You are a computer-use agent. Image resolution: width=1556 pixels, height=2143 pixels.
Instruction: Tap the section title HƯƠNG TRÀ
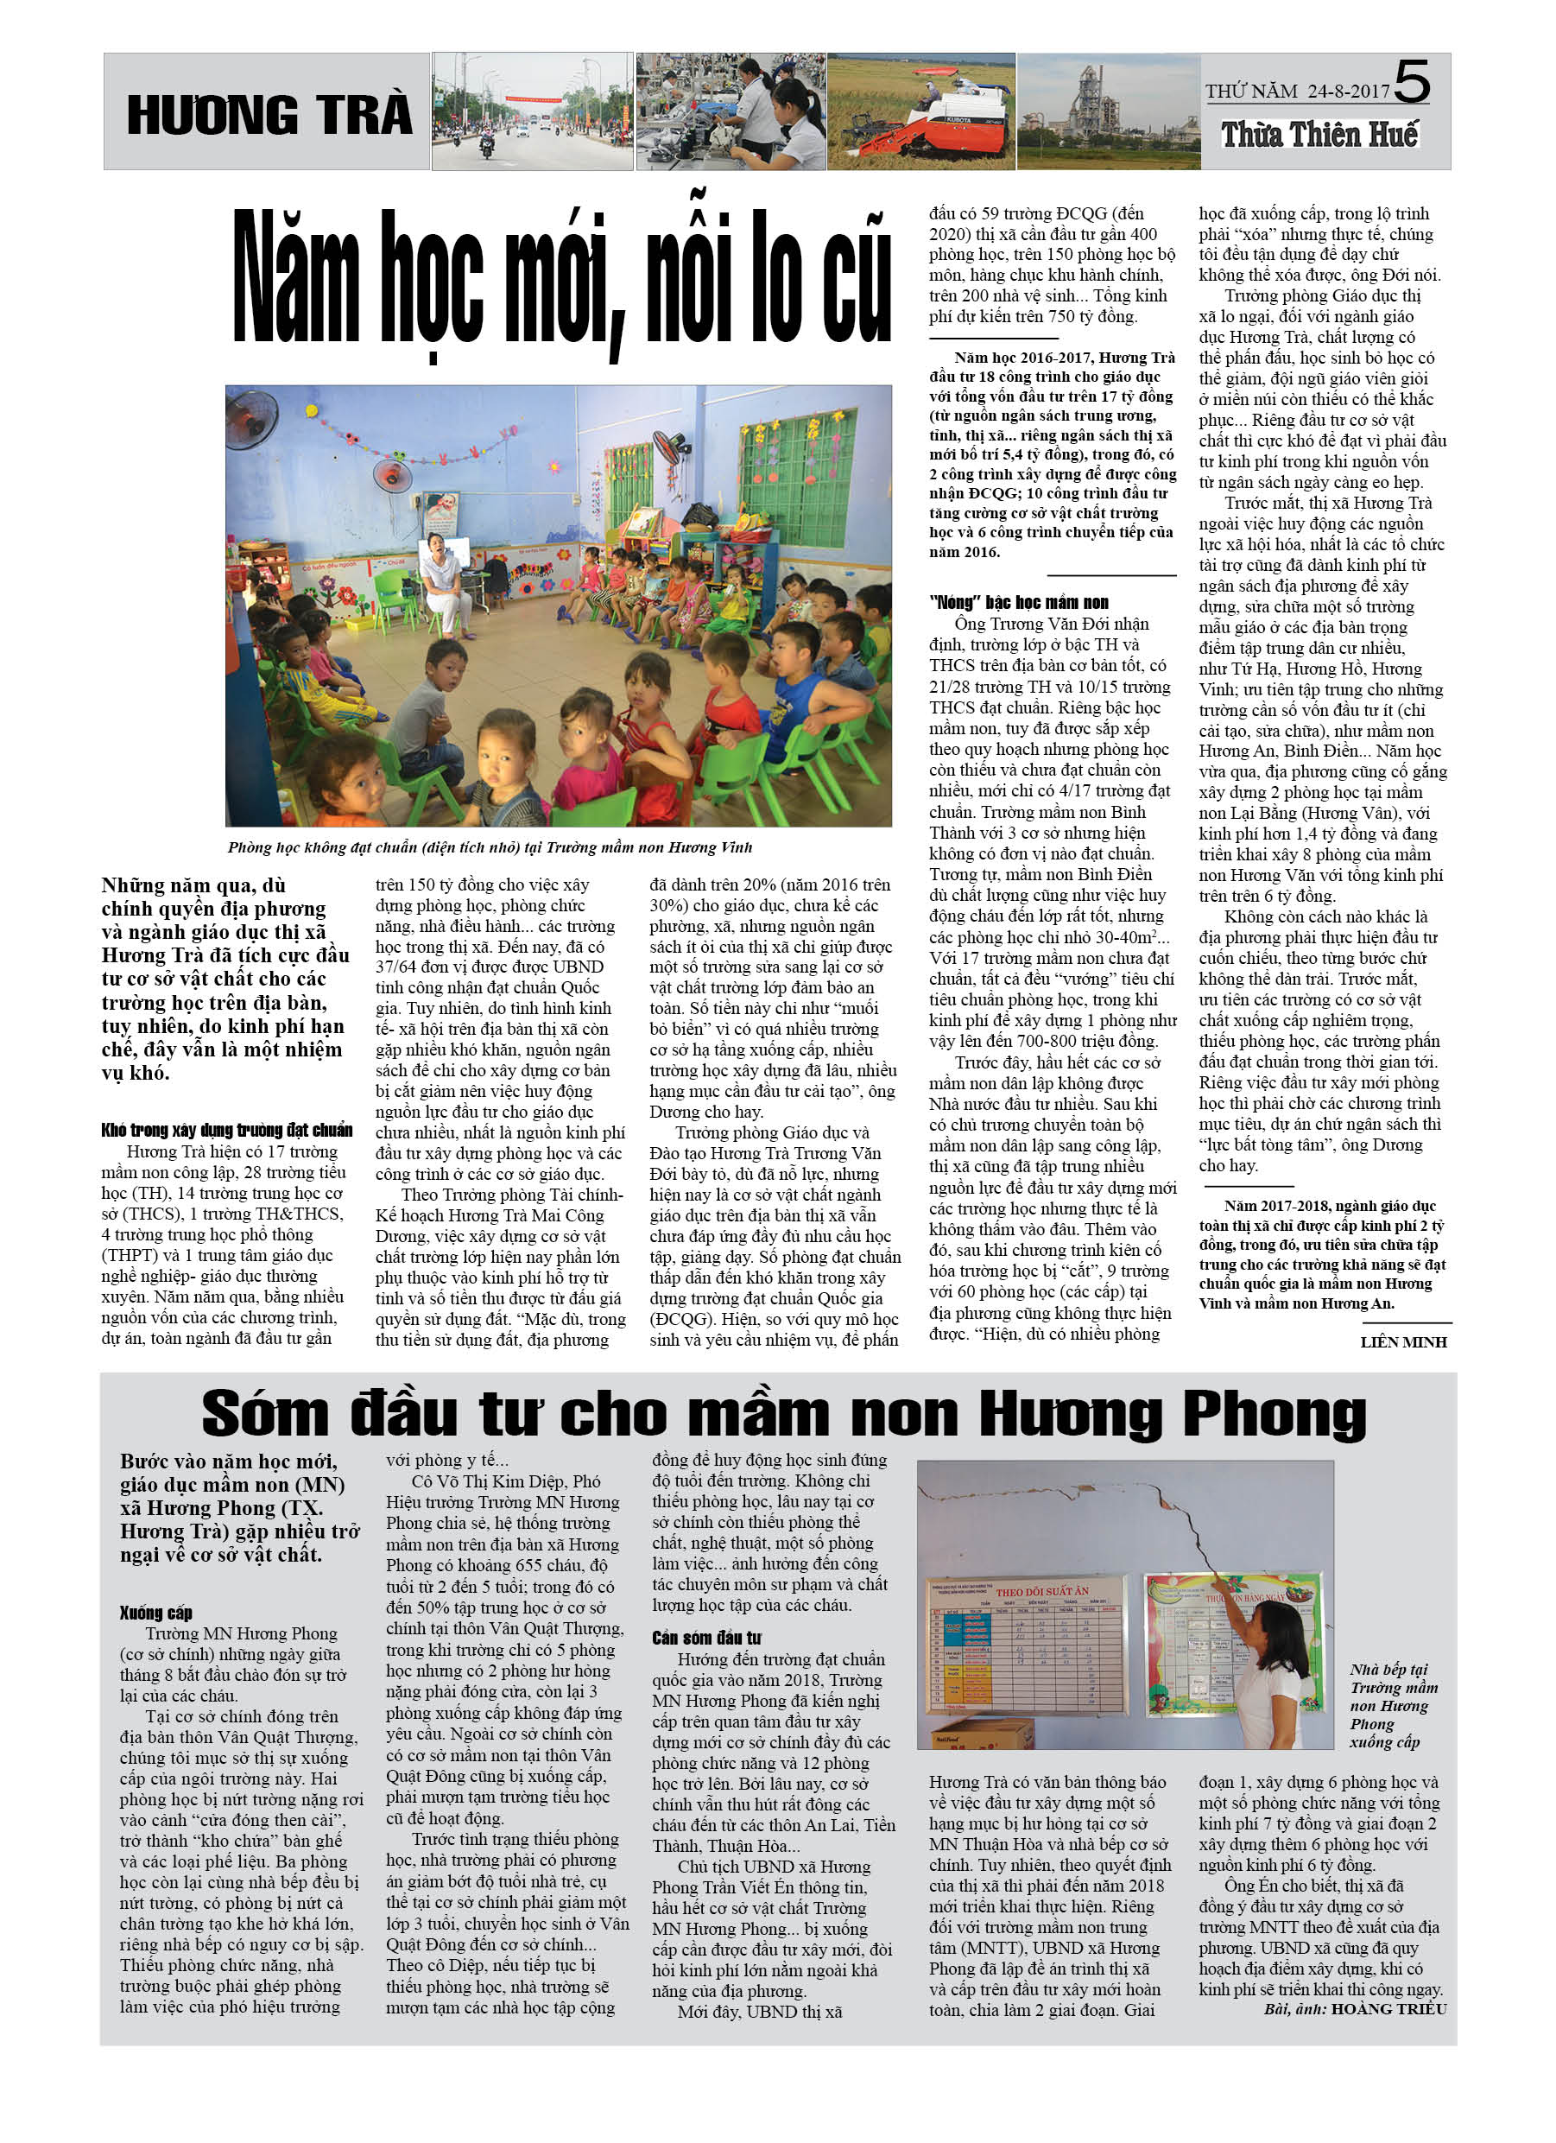tap(269, 115)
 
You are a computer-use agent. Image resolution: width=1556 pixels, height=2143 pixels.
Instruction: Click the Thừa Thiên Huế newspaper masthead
tap(1319, 135)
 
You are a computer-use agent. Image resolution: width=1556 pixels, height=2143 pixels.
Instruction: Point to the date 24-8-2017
tap(1348, 92)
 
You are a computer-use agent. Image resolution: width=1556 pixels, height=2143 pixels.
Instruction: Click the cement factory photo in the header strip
tap(1107, 111)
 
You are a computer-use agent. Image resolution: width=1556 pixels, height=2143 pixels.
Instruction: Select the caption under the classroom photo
tap(490, 847)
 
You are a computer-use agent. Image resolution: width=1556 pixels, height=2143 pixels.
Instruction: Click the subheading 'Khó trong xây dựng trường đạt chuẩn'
tap(227, 1130)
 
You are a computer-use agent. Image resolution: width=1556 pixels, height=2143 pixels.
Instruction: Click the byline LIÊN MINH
tap(1403, 1341)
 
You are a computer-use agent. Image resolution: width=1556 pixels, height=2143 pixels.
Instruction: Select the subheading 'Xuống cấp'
tap(156, 1612)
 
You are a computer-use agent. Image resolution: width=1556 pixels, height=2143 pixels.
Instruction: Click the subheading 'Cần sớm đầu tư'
tap(705, 1638)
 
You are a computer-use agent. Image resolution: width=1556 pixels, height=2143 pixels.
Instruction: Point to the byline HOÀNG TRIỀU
tap(1388, 2009)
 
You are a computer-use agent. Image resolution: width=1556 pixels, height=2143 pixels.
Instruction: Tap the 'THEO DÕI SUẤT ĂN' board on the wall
tap(1028, 1644)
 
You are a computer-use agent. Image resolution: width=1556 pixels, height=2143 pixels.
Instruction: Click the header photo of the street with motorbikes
tap(532, 111)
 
